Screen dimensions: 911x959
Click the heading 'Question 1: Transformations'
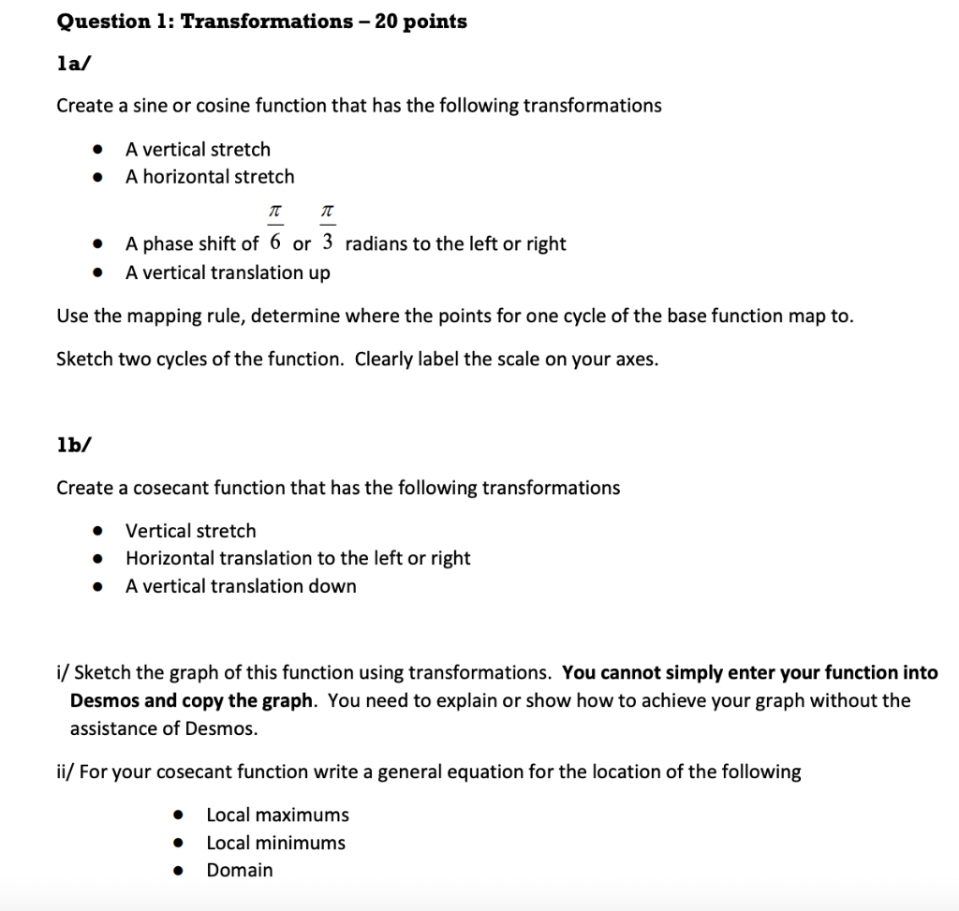click(204, 22)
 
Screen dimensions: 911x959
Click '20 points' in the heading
click(420, 22)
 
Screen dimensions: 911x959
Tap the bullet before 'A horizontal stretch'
click(97, 178)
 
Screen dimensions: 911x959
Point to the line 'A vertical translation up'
click(228, 272)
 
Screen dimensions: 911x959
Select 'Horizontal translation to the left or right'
click(298, 558)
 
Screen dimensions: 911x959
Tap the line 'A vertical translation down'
click(241, 586)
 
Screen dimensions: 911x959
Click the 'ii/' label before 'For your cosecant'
click(65, 771)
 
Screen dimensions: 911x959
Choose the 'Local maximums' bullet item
click(277, 815)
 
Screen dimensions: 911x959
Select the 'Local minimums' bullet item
click(275, 843)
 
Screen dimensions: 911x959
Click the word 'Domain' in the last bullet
click(240, 870)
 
